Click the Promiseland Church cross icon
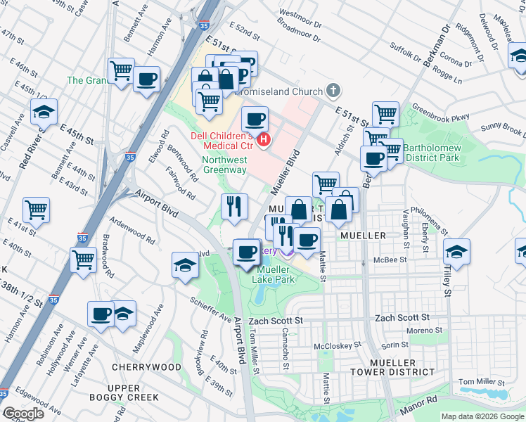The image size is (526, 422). pos(333,91)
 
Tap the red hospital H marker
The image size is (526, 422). pos(264,140)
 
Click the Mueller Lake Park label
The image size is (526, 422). pos(276,274)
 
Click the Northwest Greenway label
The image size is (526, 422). pos(224,165)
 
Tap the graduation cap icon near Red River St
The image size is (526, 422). pos(44,112)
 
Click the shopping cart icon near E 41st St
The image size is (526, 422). pos(36,210)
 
